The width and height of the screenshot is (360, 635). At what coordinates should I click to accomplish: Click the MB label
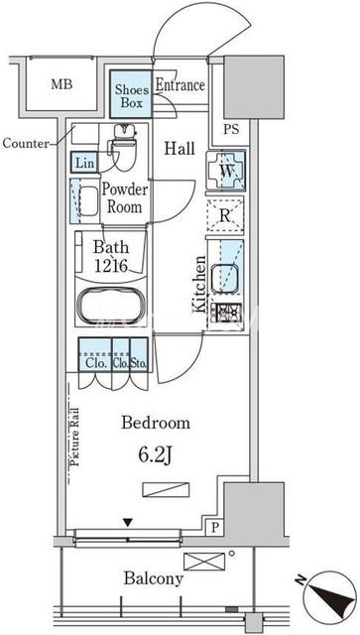(x=61, y=84)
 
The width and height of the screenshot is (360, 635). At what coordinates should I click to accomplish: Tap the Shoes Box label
(x=132, y=95)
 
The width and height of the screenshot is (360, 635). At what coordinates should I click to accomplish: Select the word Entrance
(x=180, y=85)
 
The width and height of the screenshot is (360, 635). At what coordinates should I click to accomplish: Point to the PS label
(x=231, y=129)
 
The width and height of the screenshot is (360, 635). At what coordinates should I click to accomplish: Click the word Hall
(x=180, y=149)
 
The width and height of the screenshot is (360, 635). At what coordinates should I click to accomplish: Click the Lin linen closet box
(x=85, y=163)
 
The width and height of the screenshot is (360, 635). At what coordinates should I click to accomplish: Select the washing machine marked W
(x=225, y=170)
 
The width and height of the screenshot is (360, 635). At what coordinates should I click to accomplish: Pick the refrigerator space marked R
(x=225, y=215)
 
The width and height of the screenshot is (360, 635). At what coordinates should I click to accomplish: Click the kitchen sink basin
(x=223, y=278)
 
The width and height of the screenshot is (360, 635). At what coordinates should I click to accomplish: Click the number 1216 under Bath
(x=111, y=266)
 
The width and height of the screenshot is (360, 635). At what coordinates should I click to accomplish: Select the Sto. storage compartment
(x=139, y=354)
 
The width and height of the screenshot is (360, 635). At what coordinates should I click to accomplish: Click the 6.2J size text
(x=156, y=456)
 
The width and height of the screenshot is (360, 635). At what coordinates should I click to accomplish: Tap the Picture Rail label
(x=75, y=438)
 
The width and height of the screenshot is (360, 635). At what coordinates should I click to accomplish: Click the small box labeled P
(x=215, y=527)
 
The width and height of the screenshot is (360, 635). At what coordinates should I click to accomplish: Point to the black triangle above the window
(x=128, y=523)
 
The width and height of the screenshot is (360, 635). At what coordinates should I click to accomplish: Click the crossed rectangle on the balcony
(x=204, y=562)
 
